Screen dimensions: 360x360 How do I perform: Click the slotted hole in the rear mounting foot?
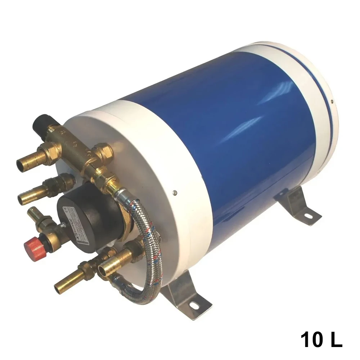308,216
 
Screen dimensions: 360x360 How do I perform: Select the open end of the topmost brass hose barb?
21,166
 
